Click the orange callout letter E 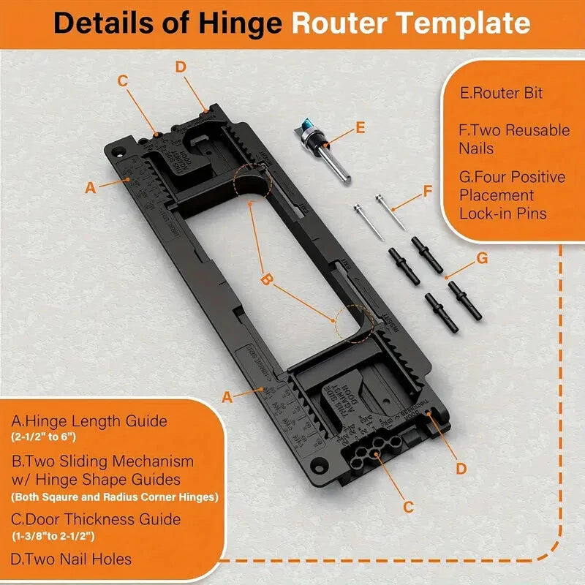coord(359,127)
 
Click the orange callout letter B coord(267,279)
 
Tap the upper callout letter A coord(90,187)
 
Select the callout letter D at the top coord(181,67)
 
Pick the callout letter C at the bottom coord(409,506)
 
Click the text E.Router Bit coord(502,94)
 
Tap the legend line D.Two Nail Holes coord(72,559)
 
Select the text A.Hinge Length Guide coord(89,421)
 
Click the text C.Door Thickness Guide coord(96,519)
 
